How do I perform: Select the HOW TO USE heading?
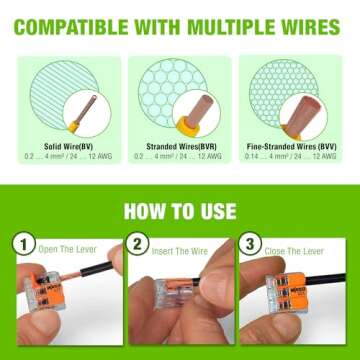[x=180, y=211]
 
